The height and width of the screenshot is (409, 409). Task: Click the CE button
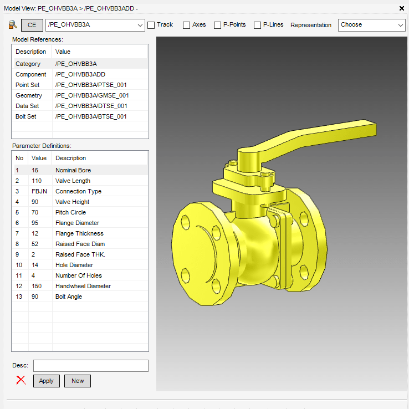32,25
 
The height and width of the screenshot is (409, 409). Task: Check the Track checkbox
151,25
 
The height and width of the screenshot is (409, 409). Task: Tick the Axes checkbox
187,25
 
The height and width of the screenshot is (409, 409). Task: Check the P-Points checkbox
217,25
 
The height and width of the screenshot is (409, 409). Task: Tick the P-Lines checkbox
257,25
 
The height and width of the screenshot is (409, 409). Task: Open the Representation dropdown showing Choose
372,25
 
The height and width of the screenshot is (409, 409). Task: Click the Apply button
46,381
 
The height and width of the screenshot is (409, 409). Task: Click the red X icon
21,380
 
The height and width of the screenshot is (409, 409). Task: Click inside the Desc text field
91,366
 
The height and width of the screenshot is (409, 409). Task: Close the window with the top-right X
402,8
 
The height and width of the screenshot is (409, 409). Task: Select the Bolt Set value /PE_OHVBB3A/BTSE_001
91,116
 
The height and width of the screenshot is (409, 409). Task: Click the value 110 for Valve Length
37,181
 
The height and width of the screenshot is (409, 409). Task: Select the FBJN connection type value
39,191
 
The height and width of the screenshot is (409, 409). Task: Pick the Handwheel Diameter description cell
83,286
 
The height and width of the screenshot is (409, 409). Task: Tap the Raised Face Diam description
80,244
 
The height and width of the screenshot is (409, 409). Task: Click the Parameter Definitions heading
42,146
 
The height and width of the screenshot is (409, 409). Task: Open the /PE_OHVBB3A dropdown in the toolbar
95,25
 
